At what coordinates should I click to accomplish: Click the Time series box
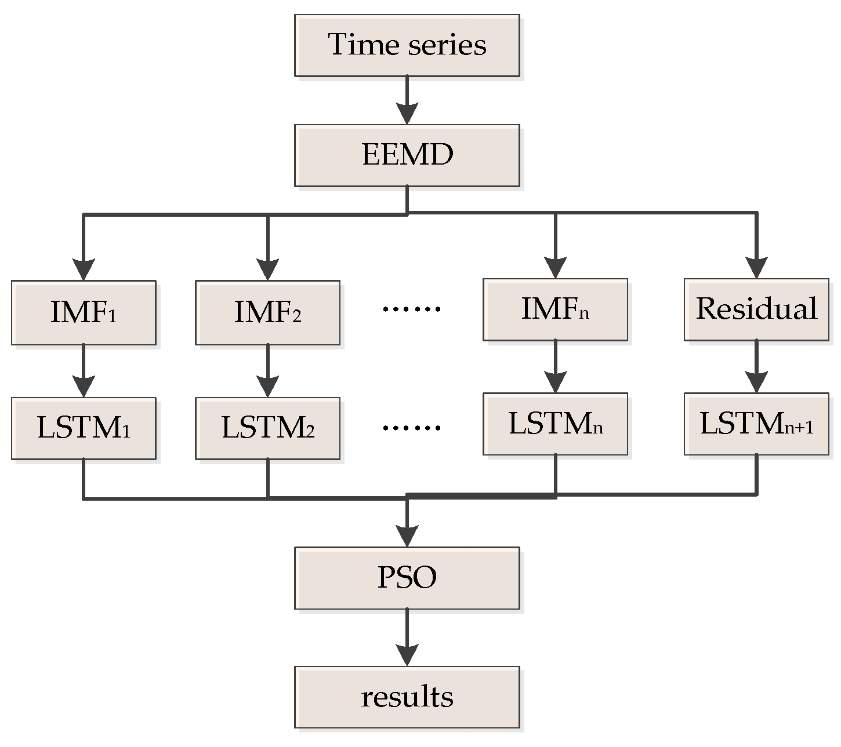pyautogui.click(x=407, y=45)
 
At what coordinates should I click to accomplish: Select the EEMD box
pyautogui.click(x=407, y=155)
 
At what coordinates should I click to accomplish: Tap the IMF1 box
pyautogui.click(x=84, y=313)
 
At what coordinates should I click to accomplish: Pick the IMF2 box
pyautogui.click(x=267, y=313)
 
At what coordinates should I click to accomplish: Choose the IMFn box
pyautogui.click(x=555, y=309)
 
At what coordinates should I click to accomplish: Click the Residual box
pyautogui.click(x=756, y=309)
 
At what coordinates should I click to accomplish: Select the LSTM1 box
pyautogui.click(x=84, y=428)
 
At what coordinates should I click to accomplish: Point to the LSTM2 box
pyautogui.click(x=267, y=428)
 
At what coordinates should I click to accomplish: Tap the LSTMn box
pyautogui.click(x=555, y=424)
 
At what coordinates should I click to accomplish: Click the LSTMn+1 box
pyautogui.click(x=756, y=424)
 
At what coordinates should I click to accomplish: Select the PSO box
pyautogui.click(x=407, y=578)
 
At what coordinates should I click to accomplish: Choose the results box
pyautogui.click(x=407, y=697)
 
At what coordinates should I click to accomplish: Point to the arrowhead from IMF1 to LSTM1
pyautogui.click(x=84, y=385)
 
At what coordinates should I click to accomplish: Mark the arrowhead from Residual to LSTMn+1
pyautogui.click(x=756, y=382)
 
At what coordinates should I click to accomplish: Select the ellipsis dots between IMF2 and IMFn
pyautogui.click(x=411, y=309)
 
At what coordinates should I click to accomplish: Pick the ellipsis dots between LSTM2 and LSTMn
pyautogui.click(x=411, y=428)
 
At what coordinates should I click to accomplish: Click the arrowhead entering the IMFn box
pyautogui.click(x=555, y=267)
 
